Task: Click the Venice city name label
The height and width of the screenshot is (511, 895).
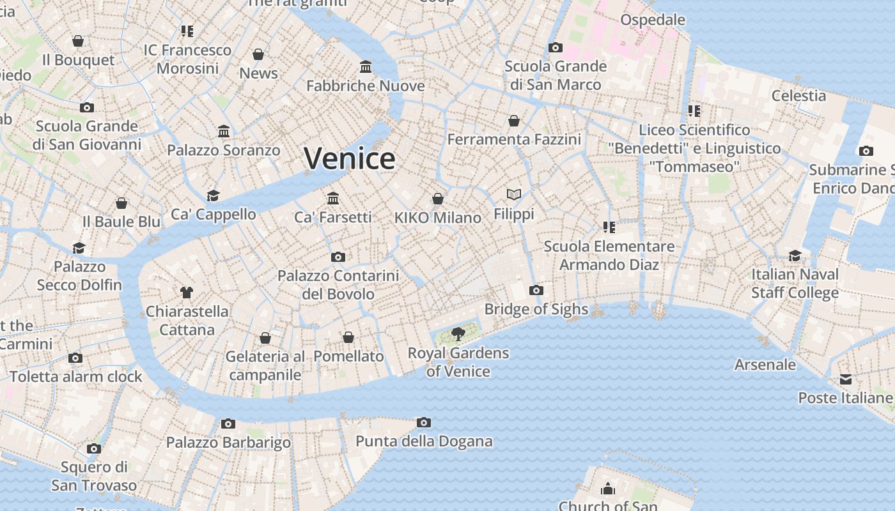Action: (x=350, y=158)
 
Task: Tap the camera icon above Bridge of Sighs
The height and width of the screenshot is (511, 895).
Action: (x=536, y=291)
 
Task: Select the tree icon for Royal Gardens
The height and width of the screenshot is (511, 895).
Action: (x=458, y=333)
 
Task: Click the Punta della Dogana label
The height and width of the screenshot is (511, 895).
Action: (x=424, y=441)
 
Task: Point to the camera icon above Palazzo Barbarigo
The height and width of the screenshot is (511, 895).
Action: (x=228, y=423)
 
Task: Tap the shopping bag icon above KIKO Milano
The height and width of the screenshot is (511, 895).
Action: (x=438, y=199)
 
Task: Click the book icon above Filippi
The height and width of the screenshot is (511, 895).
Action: (x=514, y=194)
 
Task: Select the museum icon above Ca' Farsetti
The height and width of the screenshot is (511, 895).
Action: (x=332, y=198)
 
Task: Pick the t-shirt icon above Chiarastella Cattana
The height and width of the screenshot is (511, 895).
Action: (x=187, y=293)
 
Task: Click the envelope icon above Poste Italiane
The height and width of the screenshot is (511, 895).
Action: (x=846, y=379)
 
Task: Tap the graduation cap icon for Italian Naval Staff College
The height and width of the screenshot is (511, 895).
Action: (x=795, y=256)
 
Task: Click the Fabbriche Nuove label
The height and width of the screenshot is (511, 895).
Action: (x=366, y=86)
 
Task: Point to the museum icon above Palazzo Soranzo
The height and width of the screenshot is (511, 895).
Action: (x=224, y=132)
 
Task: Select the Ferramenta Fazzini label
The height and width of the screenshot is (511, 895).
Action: (x=514, y=139)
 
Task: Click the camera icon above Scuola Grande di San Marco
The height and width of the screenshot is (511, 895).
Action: (x=556, y=48)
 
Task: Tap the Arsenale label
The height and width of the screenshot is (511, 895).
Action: (x=765, y=365)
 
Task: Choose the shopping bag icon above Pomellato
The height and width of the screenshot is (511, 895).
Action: (x=348, y=337)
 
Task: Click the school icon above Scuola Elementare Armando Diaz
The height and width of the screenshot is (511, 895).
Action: (x=609, y=227)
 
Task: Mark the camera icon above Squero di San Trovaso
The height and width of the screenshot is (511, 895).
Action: (x=94, y=448)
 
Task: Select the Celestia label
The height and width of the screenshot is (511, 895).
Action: (x=798, y=96)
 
